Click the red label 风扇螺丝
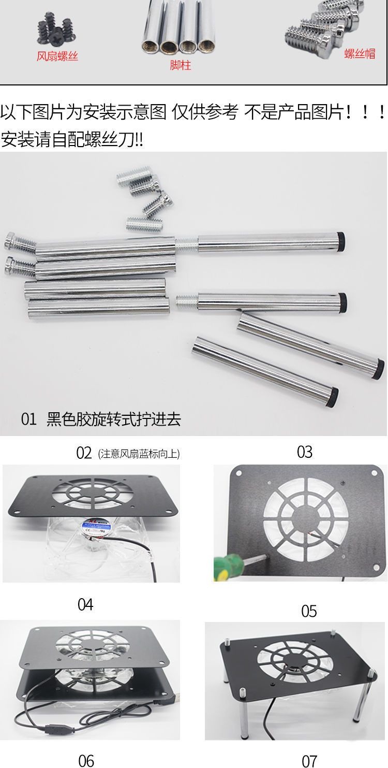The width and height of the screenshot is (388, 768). tap(57, 56)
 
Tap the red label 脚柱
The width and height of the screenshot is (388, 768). tap(180, 66)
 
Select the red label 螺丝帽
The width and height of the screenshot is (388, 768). tap(360, 53)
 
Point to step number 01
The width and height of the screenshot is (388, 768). tap(29, 419)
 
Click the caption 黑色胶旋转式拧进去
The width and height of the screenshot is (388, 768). tap(114, 419)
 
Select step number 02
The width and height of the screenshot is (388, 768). tap(84, 453)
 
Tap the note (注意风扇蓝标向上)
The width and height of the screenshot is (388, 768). tap(139, 454)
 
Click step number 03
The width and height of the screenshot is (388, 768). tap(305, 452)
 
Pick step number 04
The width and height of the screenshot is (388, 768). tap(85, 604)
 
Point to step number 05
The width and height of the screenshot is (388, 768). tap(309, 611)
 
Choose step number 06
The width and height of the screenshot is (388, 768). tap(86, 760)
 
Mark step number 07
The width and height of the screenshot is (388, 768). tap(309, 760)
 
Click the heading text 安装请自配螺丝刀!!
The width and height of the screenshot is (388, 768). tap(72, 139)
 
